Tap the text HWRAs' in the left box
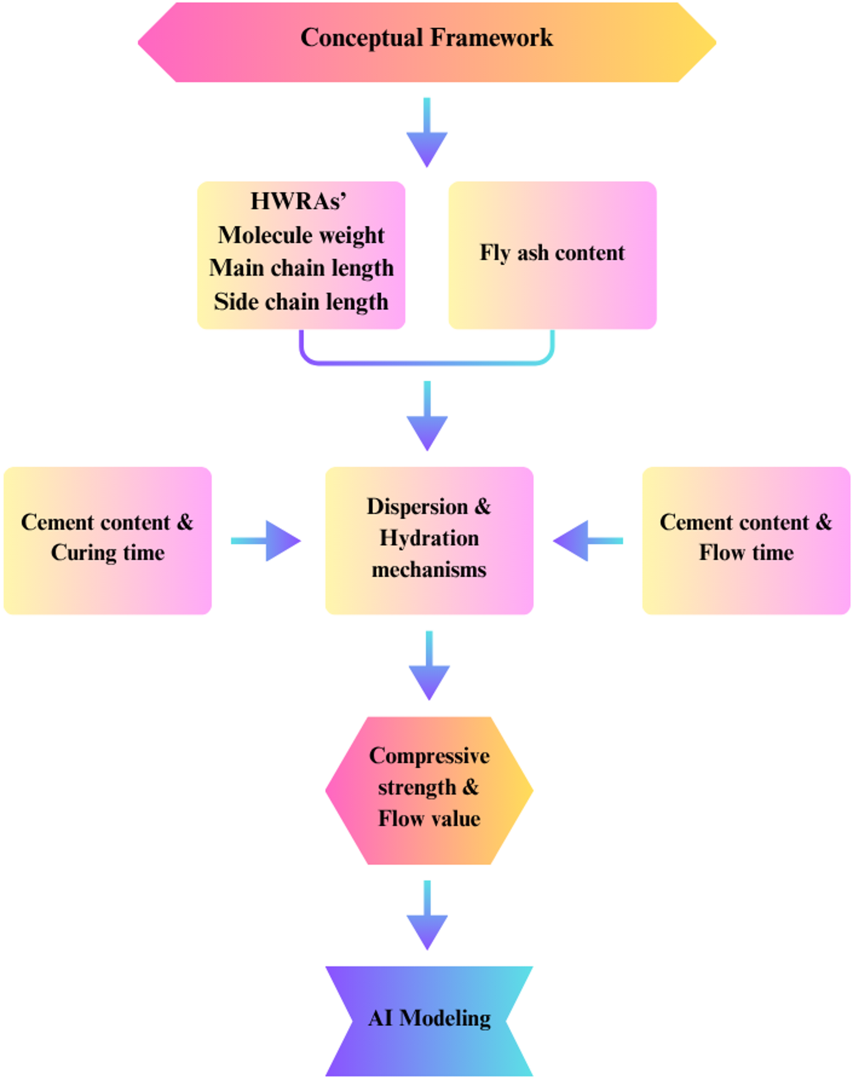(298, 201)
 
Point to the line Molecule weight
(301, 235)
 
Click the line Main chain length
(301, 268)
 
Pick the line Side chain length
(301, 302)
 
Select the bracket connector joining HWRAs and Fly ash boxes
(427, 363)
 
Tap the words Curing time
(108, 553)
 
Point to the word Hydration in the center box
(429, 538)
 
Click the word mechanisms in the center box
(429, 569)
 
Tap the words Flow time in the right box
(746, 553)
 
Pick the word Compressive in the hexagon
(429, 755)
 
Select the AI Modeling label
(429, 1018)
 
